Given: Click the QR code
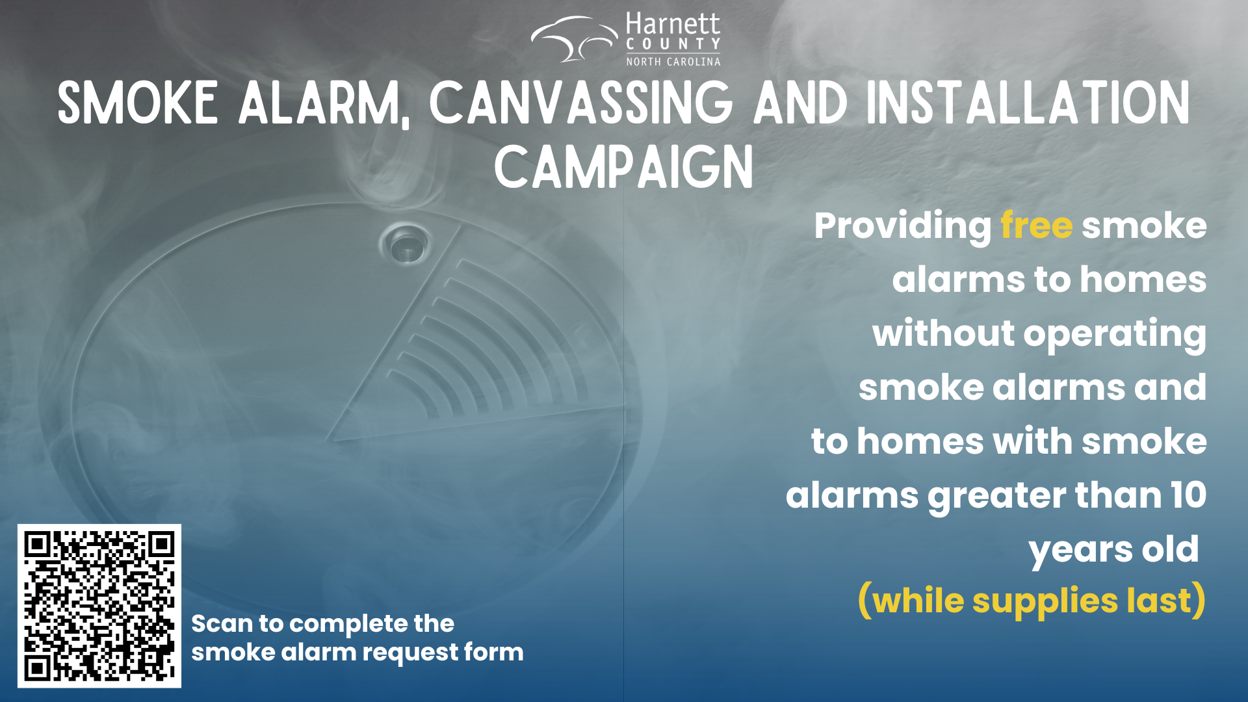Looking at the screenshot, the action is coord(99,606).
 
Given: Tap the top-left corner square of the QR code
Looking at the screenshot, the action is coord(38,544).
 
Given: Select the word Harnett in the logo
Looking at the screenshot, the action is coord(673,24).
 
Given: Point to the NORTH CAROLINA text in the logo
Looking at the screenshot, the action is coord(673,62).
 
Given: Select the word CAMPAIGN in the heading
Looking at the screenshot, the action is coord(624,167).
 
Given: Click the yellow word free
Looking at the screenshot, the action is coord(1036,226).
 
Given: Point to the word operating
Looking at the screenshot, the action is coord(1115,335).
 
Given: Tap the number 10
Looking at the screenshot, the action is coord(1188,495).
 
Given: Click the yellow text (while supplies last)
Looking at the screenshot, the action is coord(1032,601).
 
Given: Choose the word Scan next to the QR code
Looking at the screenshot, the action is coord(222,624).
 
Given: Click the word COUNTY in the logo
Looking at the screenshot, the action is coord(673,44).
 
